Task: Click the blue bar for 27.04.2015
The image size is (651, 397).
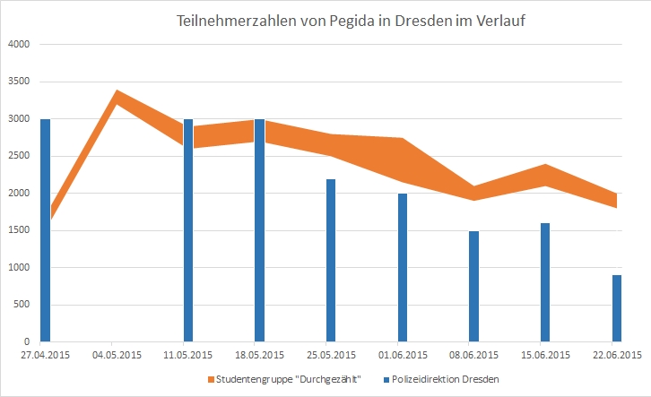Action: (45, 230)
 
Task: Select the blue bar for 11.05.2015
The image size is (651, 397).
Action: (187, 230)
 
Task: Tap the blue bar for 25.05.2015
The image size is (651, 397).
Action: (331, 260)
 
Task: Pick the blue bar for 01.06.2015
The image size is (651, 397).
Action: (403, 267)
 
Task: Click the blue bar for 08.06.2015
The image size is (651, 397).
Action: (473, 286)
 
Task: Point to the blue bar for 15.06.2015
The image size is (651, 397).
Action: (545, 282)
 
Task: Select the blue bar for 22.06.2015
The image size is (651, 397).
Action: (616, 308)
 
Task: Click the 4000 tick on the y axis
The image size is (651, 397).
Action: (19, 44)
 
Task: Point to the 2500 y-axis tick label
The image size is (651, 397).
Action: (19, 156)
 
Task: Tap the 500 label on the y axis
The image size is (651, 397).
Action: (22, 305)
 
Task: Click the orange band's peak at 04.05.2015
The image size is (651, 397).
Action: (116, 97)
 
